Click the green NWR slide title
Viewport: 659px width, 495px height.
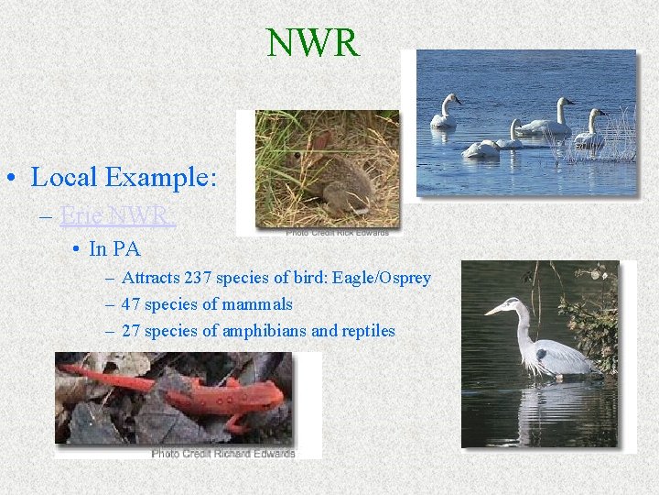313,43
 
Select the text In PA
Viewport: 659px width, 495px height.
115,248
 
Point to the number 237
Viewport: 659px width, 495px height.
198,278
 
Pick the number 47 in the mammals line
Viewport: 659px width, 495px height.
131,304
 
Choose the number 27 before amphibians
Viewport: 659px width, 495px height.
131,331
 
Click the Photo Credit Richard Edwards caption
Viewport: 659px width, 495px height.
223,453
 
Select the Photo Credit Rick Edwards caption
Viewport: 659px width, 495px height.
337,232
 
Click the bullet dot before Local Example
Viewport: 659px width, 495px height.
16,177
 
